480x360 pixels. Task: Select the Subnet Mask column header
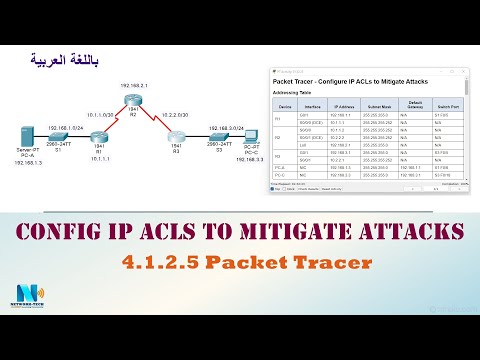click(x=378, y=105)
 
